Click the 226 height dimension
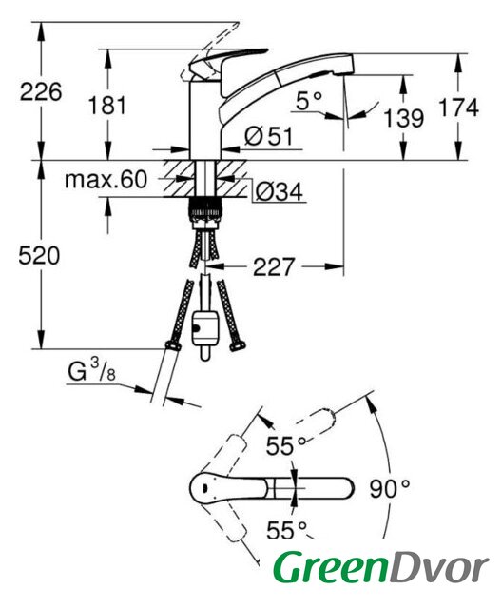click(41, 92)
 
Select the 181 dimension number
click(107, 106)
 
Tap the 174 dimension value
click(458, 108)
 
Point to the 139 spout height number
click(403, 118)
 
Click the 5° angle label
click(309, 101)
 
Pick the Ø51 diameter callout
click(269, 136)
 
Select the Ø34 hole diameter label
click(280, 191)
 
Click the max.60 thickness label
click(106, 180)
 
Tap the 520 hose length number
click(39, 256)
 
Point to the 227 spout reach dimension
click(274, 266)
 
